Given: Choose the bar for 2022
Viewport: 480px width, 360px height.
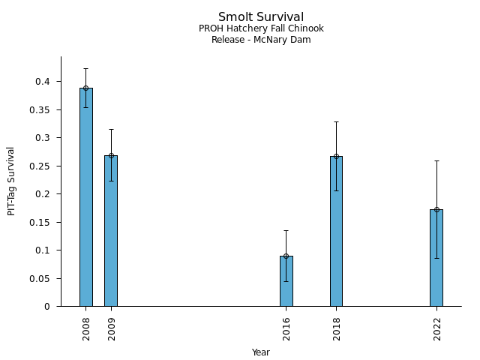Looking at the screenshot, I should click(x=436, y=258).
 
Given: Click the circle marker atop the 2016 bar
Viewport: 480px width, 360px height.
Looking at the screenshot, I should click(x=286, y=256).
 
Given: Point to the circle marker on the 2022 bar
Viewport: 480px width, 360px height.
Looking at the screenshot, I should click(x=436, y=209).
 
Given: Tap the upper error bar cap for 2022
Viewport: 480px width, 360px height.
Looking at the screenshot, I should click(x=436, y=160).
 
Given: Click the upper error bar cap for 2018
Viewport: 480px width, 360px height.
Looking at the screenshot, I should click(x=336, y=121).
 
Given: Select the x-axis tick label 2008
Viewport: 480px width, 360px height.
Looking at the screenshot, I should click(x=86, y=328).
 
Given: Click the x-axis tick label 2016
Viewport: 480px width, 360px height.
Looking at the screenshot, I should click(x=286, y=328).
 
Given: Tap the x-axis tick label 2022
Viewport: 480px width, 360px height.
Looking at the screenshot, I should click(x=436, y=328).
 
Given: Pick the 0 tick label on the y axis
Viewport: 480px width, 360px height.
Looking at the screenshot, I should click(x=47, y=307).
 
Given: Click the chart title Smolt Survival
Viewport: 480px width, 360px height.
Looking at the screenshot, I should click(x=261, y=16).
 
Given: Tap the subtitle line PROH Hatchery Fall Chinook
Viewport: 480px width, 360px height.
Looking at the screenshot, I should click(x=261, y=28).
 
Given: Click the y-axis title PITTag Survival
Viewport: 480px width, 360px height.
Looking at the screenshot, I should click(x=11, y=181).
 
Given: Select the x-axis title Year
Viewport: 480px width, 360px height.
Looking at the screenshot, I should click(x=261, y=352).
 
